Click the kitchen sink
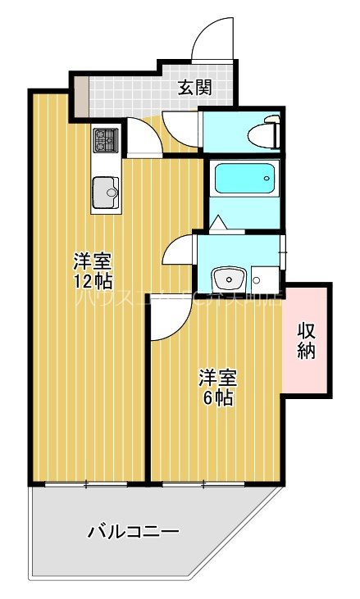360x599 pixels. click(105, 193)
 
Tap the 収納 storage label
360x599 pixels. click(307, 341)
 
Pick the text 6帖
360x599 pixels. click(218, 398)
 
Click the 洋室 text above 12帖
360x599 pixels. click(92, 261)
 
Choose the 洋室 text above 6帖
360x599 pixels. click(218, 378)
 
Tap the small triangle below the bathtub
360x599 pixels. click(217, 223)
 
